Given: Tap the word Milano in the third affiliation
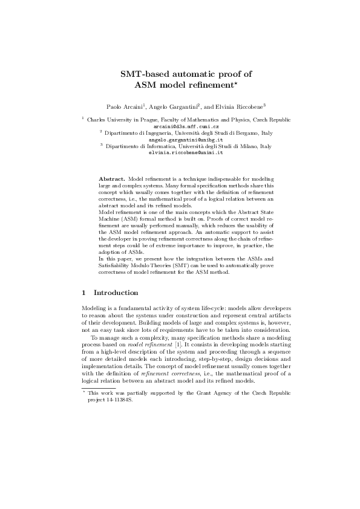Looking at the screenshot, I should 247,146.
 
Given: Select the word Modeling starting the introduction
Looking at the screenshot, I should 96,308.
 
